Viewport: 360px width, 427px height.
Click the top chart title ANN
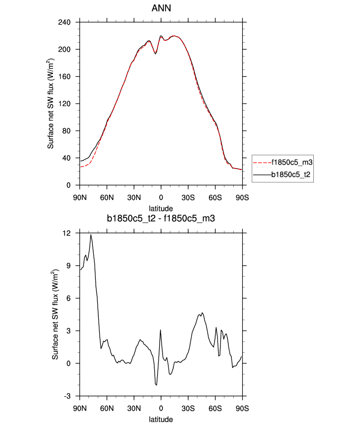[161, 8]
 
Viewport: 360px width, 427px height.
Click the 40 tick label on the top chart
[67, 158]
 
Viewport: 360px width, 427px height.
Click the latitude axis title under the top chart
[161, 208]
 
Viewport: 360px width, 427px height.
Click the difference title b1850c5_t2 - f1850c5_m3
[161, 219]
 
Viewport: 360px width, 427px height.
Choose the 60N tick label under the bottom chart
[107, 408]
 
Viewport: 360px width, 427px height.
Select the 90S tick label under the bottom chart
[242, 408]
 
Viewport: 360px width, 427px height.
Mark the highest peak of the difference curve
[91, 235]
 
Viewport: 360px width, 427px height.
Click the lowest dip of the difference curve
[156, 385]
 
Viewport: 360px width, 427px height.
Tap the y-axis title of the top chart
[51, 104]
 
